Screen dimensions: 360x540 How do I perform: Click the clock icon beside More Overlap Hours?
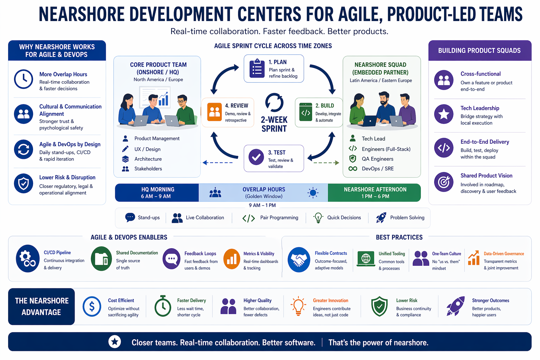pos(24,79)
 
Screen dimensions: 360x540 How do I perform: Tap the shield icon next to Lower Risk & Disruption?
pos(24,183)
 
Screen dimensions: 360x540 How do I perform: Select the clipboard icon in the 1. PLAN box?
pos(257,69)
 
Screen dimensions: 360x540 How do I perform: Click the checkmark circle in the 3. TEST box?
pos(256,157)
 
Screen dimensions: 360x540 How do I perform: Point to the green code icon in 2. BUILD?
pos(306,112)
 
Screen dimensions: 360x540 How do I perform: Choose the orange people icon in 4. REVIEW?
pos(214,112)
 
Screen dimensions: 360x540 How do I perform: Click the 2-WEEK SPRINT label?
pos(274,124)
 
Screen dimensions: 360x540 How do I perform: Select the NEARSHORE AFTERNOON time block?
pos(375,193)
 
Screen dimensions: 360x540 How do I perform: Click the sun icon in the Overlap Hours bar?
pos(313,193)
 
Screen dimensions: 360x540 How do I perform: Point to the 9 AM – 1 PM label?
pos(262,205)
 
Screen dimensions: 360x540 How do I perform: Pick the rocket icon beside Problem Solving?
pos(381,218)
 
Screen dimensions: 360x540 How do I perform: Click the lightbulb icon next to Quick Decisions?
pos(318,218)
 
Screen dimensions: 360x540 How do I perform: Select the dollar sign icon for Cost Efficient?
pos(92,307)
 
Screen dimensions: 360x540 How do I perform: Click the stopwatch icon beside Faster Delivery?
pos(163,306)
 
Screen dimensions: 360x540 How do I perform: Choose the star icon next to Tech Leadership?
pos(444,114)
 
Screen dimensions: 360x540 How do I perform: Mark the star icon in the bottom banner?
pos(115,342)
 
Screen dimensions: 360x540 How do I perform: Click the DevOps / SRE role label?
pos(378,169)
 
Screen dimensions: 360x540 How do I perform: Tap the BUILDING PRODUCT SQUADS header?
pos(480,51)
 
